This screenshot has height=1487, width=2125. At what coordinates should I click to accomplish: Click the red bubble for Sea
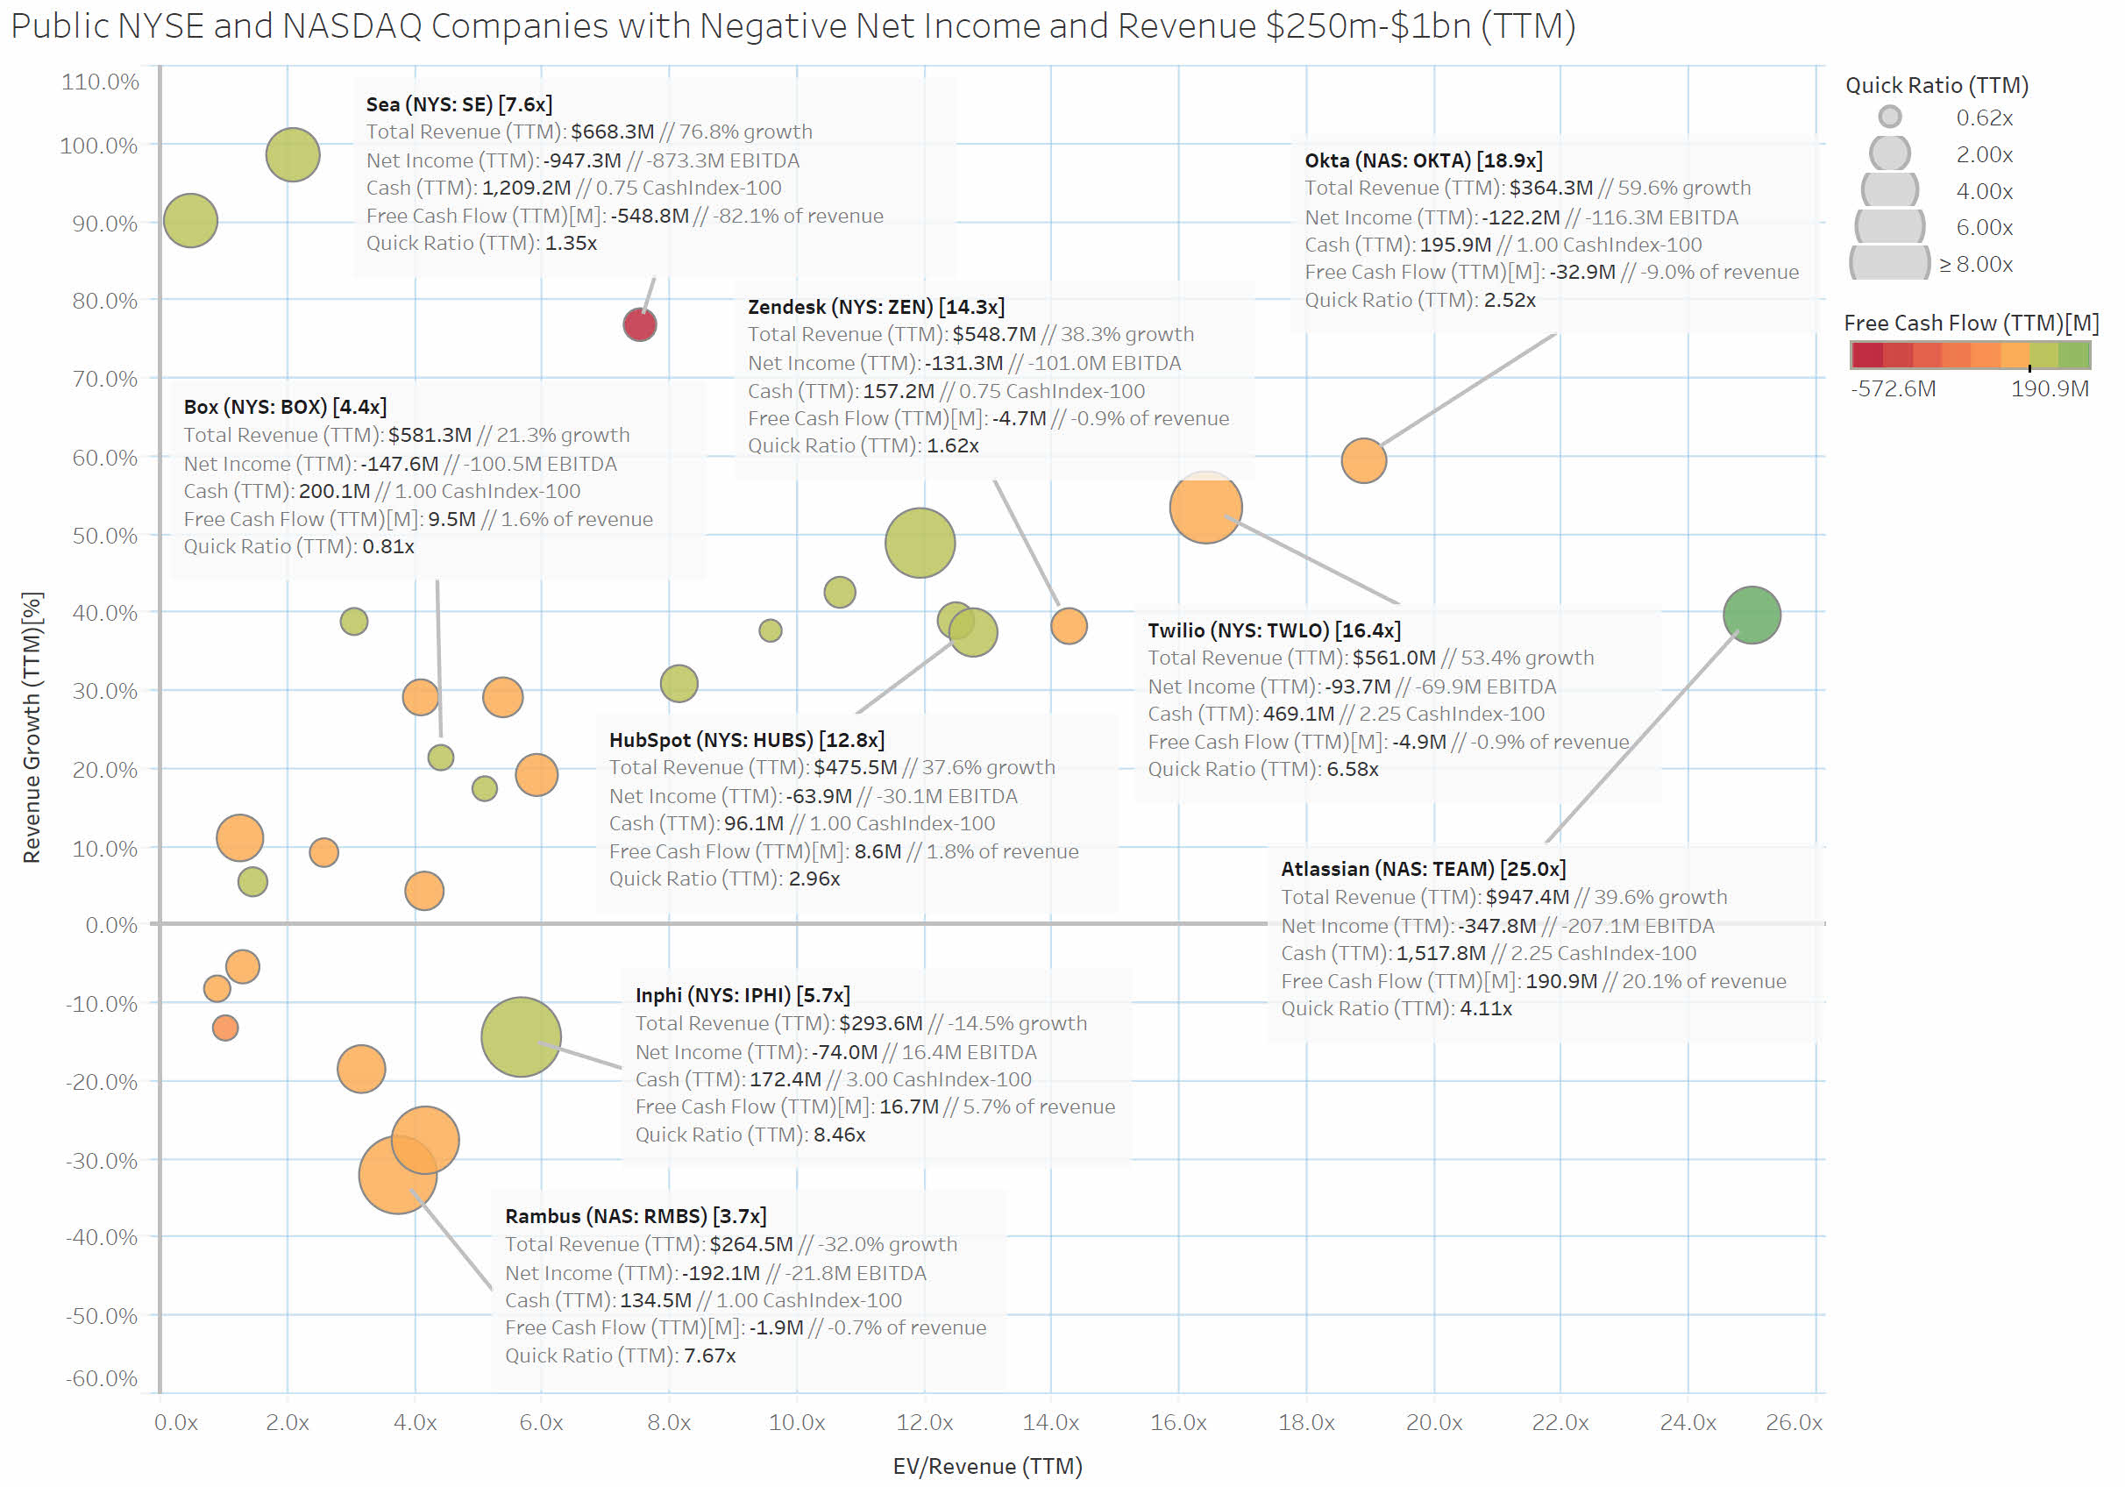(640, 325)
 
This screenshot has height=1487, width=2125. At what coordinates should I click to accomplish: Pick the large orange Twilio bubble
(1205, 508)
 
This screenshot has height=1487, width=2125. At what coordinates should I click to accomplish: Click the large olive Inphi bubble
(521, 1036)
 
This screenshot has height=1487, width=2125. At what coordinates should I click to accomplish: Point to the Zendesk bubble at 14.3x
(1068, 626)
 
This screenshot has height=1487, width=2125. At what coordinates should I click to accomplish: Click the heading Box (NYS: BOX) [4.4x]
(285, 407)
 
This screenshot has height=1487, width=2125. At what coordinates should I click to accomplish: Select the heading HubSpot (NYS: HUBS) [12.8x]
(746, 740)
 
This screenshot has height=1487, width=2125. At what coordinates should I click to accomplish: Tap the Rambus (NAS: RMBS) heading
(635, 1216)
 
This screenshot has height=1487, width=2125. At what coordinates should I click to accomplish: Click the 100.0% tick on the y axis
(99, 146)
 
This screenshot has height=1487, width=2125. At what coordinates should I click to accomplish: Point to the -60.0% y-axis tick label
(101, 1377)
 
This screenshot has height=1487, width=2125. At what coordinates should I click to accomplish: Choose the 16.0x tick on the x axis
(1178, 1422)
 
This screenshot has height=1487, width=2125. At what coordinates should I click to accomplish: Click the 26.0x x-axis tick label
(1794, 1422)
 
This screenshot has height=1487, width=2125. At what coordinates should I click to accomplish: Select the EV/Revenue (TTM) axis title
(986, 1466)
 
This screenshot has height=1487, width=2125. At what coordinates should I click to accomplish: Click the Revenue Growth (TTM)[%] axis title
(32, 727)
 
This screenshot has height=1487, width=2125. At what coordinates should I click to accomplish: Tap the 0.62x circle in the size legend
(1890, 117)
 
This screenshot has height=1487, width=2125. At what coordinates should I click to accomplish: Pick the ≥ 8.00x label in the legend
(1976, 265)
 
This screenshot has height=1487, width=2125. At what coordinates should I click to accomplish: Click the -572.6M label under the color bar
(1893, 389)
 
